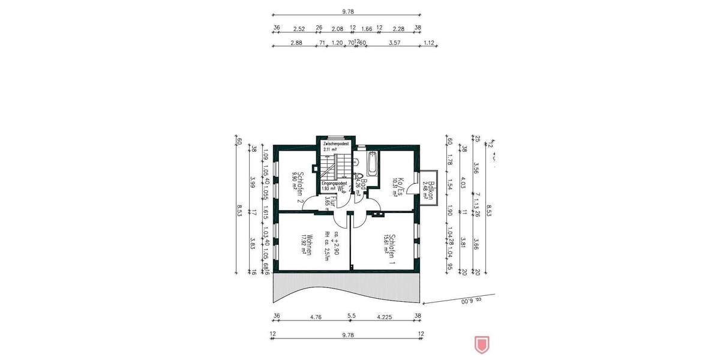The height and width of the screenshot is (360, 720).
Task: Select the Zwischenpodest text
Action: click(x=335, y=144)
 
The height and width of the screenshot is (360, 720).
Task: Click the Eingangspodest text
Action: click(x=334, y=183)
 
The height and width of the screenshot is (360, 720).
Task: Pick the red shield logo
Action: click(x=481, y=344)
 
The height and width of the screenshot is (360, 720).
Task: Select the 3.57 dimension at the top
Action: click(x=394, y=43)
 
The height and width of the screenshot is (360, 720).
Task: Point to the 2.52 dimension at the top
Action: click(x=299, y=28)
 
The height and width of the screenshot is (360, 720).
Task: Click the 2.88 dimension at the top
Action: click(x=295, y=43)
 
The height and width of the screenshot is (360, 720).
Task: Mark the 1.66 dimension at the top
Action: click(x=367, y=28)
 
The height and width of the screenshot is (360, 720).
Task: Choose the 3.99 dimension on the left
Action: click(x=253, y=181)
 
